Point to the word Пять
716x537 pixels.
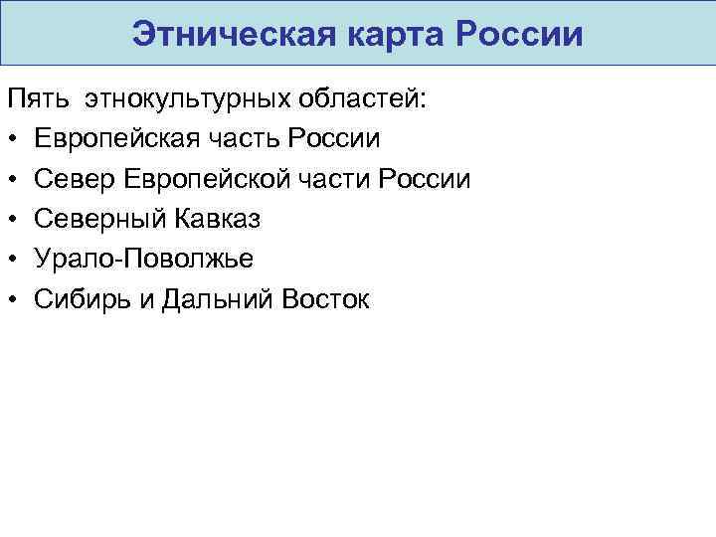click(x=37, y=99)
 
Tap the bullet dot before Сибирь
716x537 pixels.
click(x=13, y=300)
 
